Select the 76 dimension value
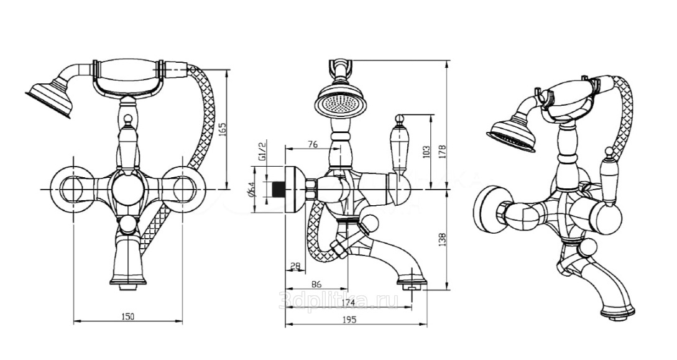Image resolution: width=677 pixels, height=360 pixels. tap(312, 144)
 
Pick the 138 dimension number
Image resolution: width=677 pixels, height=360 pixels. tap(443, 239)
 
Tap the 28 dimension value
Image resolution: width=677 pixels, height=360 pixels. tap(295, 265)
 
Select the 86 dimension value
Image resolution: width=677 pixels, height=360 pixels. tap(316, 285)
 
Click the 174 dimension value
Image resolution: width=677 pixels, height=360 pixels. tap(348, 302)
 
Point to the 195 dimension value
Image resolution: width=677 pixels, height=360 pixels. tap(349, 320)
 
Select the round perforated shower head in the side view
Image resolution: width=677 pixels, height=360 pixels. tap(340, 103)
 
